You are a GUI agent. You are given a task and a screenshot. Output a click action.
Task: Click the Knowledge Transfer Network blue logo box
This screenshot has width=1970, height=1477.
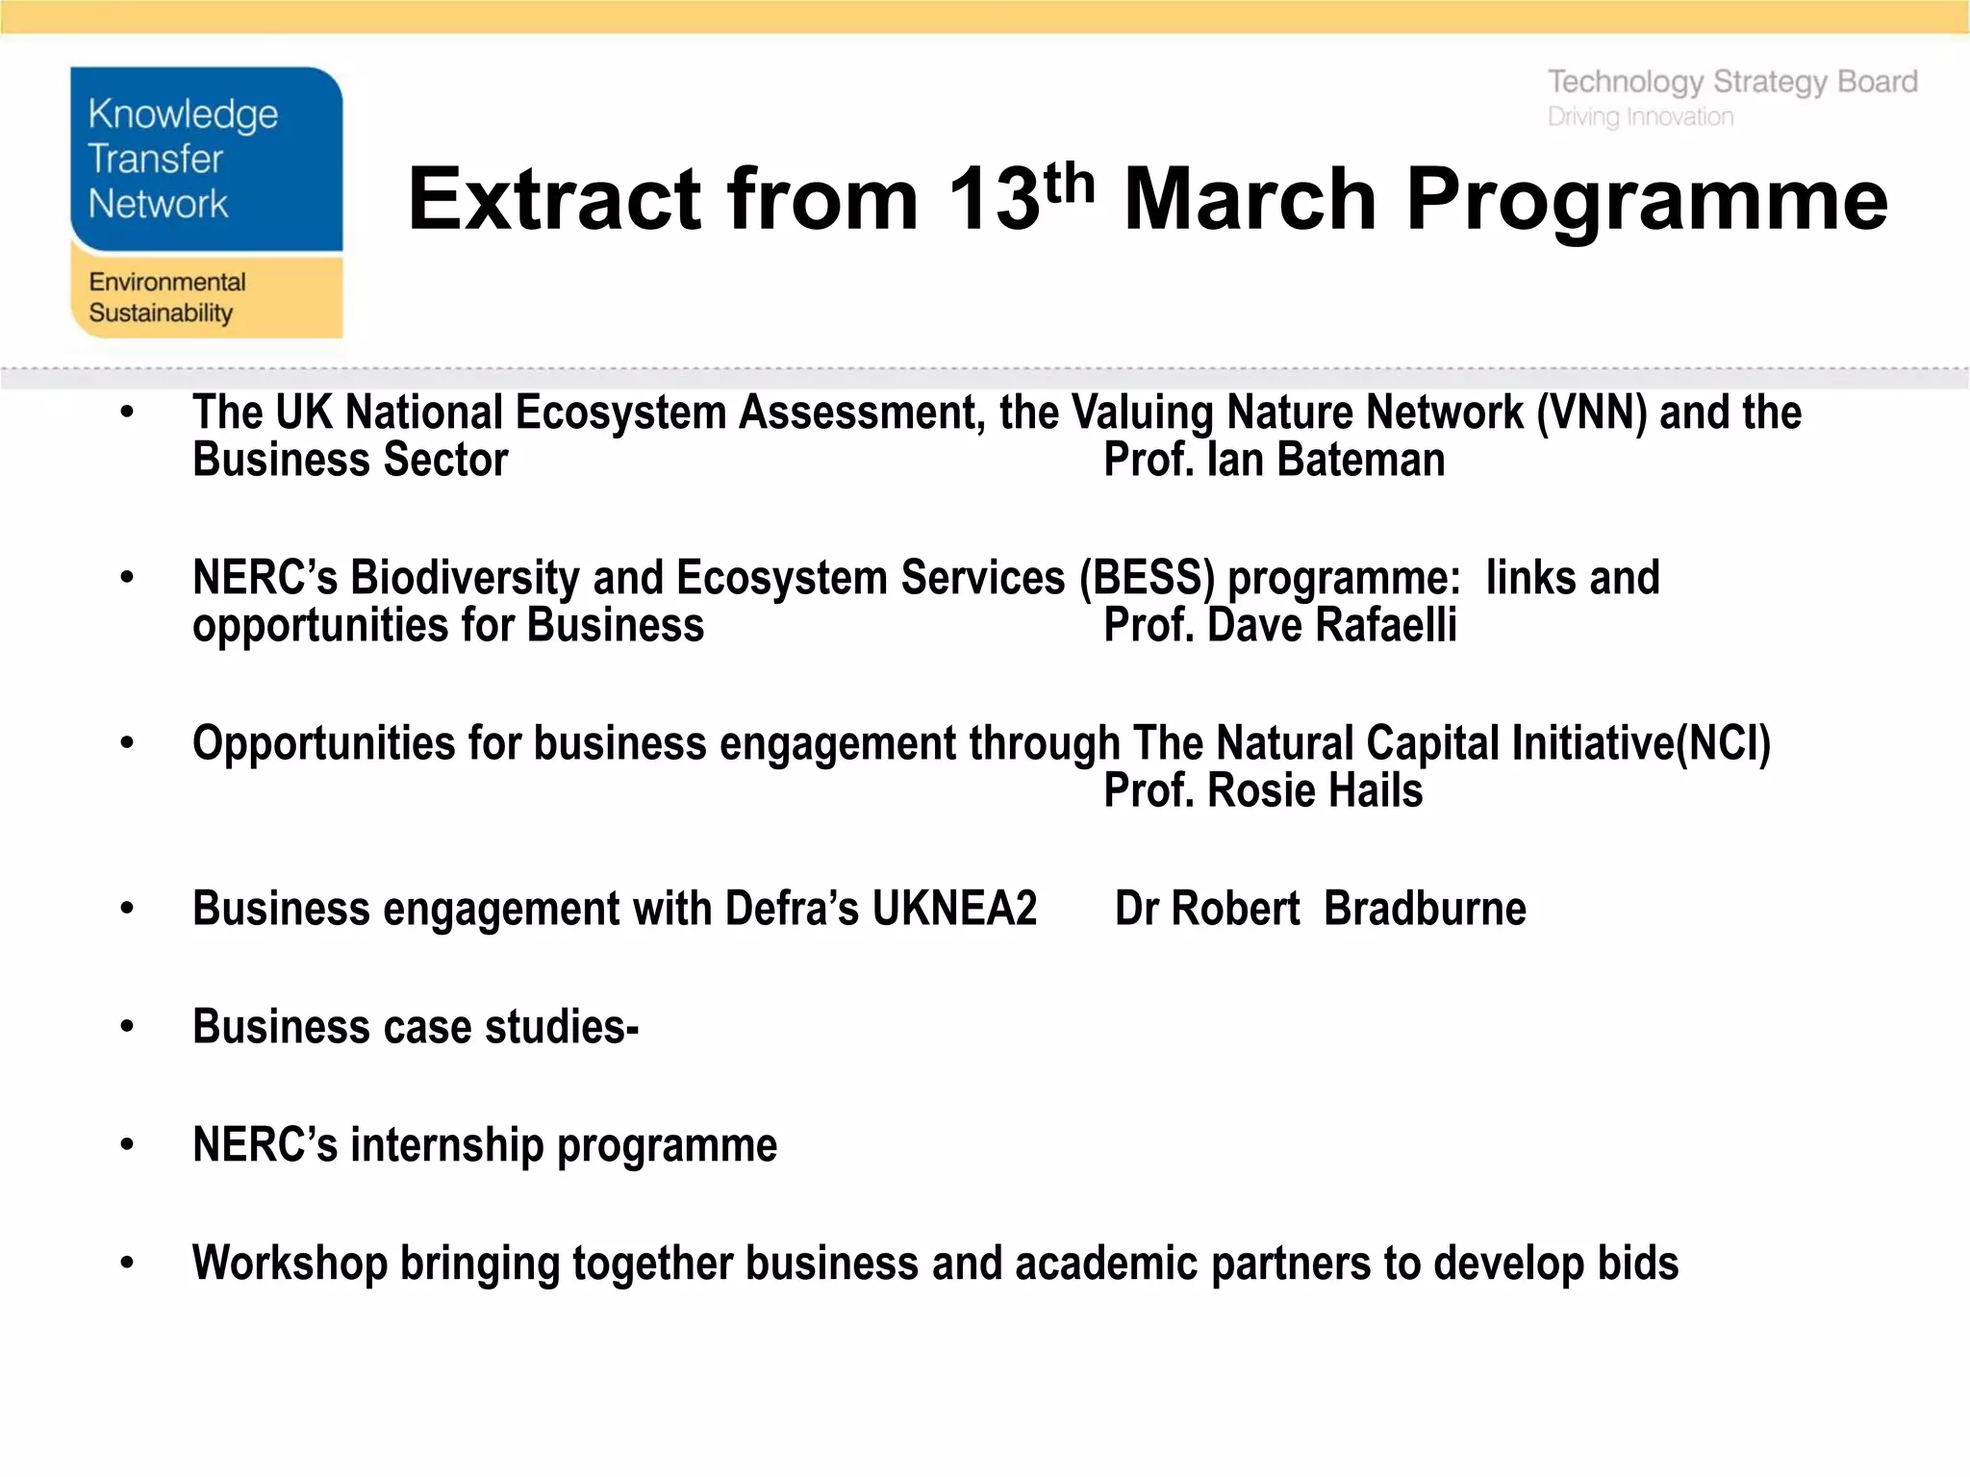click(x=206, y=160)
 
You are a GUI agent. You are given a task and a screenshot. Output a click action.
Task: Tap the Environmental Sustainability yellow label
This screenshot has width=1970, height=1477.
click(x=206, y=296)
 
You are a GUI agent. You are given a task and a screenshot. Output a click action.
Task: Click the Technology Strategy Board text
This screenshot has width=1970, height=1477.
click(x=1731, y=83)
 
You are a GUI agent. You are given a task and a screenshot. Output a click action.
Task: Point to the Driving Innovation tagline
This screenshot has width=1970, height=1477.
click(x=1640, y=117)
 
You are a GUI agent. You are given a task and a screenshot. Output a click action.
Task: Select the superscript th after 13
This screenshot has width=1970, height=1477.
click(x=1069, y=183)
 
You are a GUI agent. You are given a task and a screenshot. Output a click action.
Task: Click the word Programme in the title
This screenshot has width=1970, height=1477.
click(x=1647, y=200)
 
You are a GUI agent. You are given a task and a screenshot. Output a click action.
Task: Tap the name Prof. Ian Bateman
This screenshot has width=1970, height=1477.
click(x=1274, y=460)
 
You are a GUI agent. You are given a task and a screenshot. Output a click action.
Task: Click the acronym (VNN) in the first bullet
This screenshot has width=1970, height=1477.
click(x=1591, y=413)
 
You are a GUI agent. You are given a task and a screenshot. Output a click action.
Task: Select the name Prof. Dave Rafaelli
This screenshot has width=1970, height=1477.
click(x=1279, y=626)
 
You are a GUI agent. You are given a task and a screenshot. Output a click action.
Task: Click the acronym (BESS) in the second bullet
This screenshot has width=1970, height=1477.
click(x=1147, y=578)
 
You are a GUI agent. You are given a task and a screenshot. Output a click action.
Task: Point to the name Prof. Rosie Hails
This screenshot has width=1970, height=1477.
click(x=1262, y=791)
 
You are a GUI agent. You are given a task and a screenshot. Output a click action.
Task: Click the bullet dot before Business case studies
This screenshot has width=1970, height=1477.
click(x=127, y=1026)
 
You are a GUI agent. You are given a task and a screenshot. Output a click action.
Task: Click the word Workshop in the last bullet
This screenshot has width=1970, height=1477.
click(x=289, y=1264)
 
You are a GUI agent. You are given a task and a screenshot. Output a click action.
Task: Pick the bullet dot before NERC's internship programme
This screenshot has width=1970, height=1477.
click(x=127, y=1144)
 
